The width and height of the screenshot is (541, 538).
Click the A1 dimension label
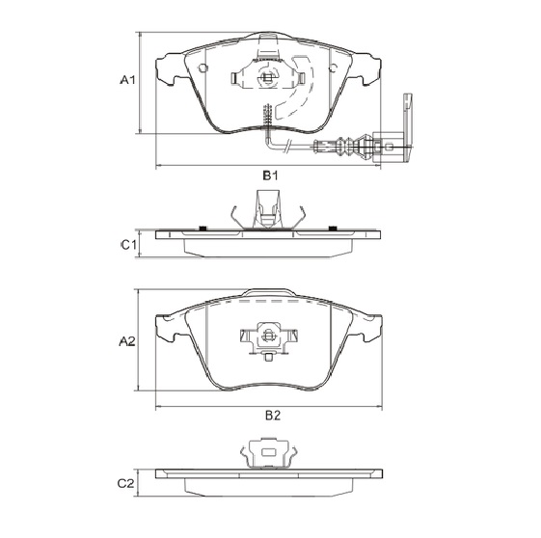tap(126, 82)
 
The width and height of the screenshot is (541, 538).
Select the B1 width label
tap(271, 175)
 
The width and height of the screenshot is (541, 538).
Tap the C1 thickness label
tap(126, 245)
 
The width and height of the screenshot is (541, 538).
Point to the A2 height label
tap(126, 341)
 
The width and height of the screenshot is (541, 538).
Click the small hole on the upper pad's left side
tap(203, 67)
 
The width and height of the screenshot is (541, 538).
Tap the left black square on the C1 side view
tap(203, 228)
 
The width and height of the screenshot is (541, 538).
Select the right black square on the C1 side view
tap(333, 228)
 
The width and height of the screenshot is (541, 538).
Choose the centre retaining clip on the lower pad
tap(267, 337)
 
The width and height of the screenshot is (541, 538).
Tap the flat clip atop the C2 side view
tap(267, 453)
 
